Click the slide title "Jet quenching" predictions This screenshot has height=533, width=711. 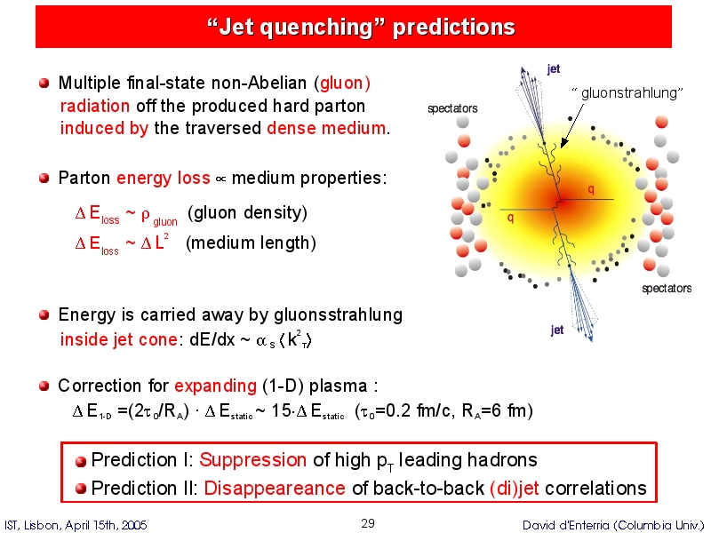(x=361, y=27)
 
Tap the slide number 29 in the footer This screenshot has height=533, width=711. (x=368, y=523)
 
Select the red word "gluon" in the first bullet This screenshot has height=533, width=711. (x=342, y=83)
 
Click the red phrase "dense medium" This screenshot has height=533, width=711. (x=326, y=128)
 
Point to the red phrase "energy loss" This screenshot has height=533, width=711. (x=164, y=179)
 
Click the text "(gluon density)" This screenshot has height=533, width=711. (x=247, y=212)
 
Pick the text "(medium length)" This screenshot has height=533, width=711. (x=251, y=243)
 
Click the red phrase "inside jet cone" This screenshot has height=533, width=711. (x=118, y=339)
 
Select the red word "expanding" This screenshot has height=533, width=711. (x=215, y=386)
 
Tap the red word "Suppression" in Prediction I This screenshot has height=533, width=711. (x=253, y=460)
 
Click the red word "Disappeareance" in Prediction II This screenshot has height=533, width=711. (x=275, y=488)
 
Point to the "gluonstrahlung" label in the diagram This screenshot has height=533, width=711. (x=627, y=93)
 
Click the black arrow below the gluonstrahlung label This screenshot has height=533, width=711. (x=572, y=126)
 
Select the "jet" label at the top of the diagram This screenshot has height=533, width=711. (x=554, y=69)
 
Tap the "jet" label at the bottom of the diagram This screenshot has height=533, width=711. (x=557, y=330)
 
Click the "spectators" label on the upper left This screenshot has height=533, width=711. (x=452, y=108)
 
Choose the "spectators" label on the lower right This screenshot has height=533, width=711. (x=667, y=288)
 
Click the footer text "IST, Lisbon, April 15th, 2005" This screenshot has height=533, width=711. (x=76, y=525)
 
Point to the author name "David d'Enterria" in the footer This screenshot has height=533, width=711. (x=565, y=525)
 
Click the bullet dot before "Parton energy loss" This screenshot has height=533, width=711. (x=44, y=178)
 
